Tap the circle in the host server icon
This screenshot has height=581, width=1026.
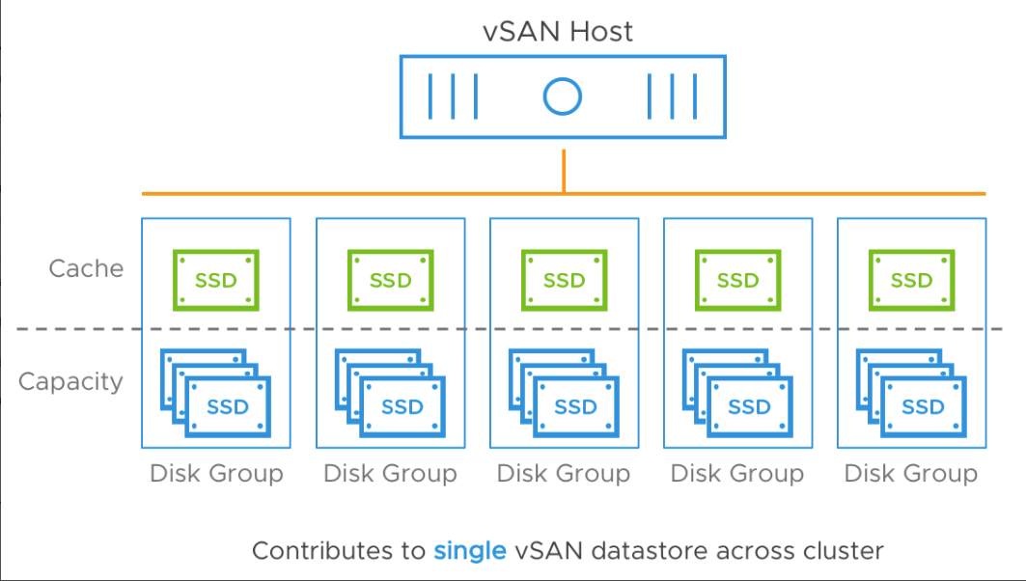[x=562, y=96]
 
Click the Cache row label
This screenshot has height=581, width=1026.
[x=86, y=268]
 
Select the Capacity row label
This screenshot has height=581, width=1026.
[x=70, y=381]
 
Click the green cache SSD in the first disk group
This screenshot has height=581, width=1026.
[x=216, y=281]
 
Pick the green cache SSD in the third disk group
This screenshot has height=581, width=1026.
[x=564, y=281]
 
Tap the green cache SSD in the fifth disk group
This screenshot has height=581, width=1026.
[x=911, y=281]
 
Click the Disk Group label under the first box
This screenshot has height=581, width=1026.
[x=216, y=474]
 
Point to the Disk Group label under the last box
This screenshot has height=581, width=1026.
[x=911, y=474]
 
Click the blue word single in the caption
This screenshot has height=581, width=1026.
[x=470, y=551]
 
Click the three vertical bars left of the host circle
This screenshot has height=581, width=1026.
[x=453, y=96]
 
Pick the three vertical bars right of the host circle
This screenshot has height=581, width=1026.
[x=672, y=96]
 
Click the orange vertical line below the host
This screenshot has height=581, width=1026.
[x=563, y=166]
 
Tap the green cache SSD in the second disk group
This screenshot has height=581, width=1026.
[x=390, y=281]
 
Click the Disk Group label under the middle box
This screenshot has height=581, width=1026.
[x=564, y=474]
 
